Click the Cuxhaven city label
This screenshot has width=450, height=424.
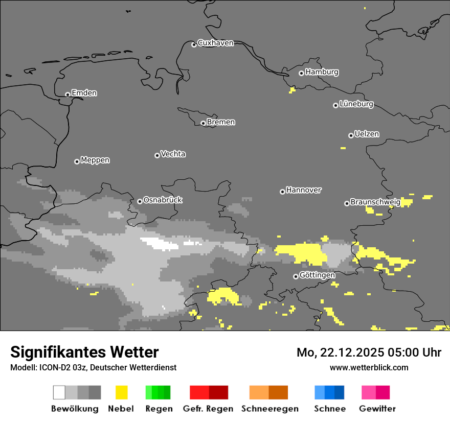(215, 43)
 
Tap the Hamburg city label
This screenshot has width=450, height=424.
(322, 72)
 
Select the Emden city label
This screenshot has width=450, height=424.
(84, 93)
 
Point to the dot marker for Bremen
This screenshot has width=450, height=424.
(203, 123)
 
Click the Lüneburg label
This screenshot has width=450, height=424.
(356, 104)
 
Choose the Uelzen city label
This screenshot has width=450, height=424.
(367, 134)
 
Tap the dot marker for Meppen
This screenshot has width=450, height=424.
(77, 161)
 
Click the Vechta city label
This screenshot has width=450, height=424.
(173, 154)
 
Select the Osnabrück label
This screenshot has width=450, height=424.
(163, 200)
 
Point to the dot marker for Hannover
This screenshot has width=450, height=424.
(282, 192)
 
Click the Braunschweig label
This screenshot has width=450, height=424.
(375, 202)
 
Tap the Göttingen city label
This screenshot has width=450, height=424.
(317, 275)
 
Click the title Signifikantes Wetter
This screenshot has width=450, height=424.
(84, 352)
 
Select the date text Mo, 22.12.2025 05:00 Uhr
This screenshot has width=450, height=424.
(369, 352)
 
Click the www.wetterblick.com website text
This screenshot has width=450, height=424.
(369, 367)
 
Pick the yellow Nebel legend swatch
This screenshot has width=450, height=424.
(121, 392)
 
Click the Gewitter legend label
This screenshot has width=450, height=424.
(377, 409)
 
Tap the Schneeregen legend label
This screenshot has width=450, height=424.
(270, 409)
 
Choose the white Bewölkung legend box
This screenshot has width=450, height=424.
(59, 392)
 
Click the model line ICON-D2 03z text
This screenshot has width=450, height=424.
(93, 367)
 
